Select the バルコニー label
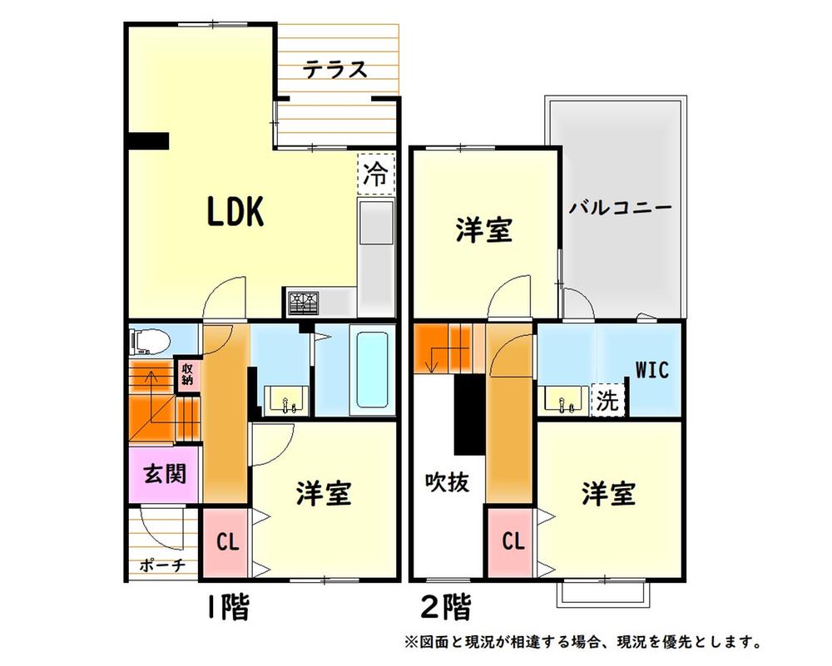[620, 208]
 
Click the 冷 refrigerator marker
[376, 174]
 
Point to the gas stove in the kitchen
[303, 302]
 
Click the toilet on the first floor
[151, 340]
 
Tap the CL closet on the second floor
[513, 542]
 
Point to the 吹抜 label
[447, 482]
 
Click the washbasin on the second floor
[563, 401]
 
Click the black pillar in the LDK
[149, 141]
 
